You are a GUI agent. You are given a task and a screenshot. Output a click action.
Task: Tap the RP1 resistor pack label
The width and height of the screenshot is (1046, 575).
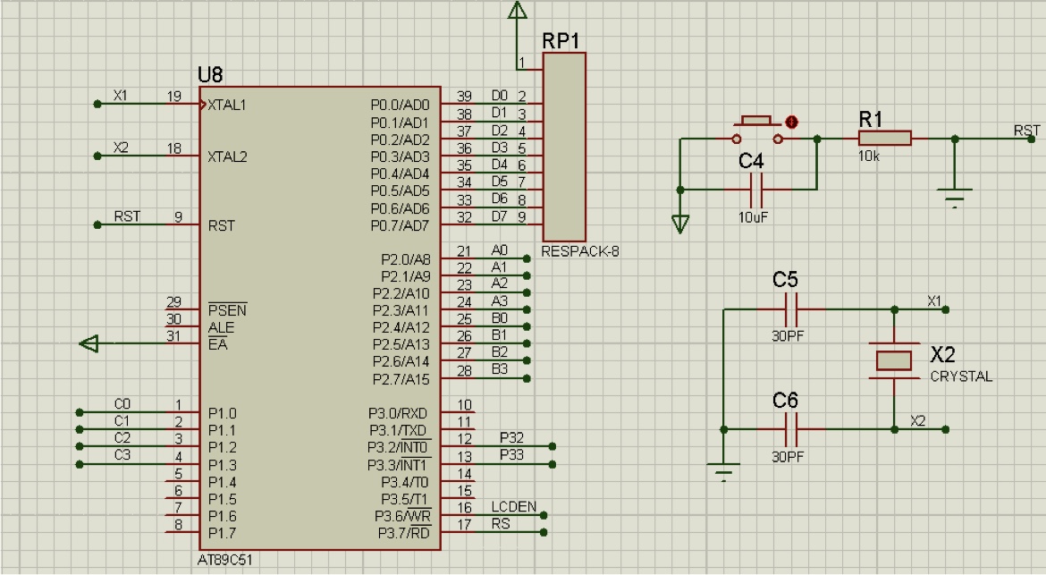click(x=562, y=41)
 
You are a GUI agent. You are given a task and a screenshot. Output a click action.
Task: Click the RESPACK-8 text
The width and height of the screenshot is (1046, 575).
click(x=580, y=251)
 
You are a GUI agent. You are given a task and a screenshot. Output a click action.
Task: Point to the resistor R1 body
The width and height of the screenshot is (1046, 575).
click(x=884, y=139)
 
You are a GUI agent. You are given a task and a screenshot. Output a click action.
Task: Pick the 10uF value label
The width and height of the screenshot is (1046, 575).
click(x=753, y=216)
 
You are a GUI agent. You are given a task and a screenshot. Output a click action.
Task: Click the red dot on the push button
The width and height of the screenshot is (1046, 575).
click(x=790, y=122)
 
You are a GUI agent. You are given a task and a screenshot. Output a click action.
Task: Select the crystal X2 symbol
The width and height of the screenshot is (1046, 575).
click(x=893, y=360)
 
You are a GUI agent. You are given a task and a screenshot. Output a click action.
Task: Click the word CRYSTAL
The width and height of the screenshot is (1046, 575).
click(x=961, y=376)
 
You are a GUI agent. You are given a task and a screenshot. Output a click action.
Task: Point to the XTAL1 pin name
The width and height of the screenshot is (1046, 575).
click(x=227, y=105)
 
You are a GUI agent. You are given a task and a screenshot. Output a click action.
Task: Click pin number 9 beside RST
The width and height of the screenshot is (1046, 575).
click(x=178, y=216)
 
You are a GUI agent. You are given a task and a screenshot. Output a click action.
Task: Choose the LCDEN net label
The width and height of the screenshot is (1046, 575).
click(x=513, y=507)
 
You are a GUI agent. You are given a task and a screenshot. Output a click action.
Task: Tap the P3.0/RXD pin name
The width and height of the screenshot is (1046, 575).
click(x=398, y=413)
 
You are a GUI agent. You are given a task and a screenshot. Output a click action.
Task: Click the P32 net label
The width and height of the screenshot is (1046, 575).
click(x=512, y=438)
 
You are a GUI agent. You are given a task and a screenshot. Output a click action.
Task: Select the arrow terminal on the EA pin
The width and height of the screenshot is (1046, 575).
click(x=90, y=343)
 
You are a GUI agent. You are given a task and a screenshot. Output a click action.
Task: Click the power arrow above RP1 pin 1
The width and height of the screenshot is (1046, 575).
click(x=517, y=11)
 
